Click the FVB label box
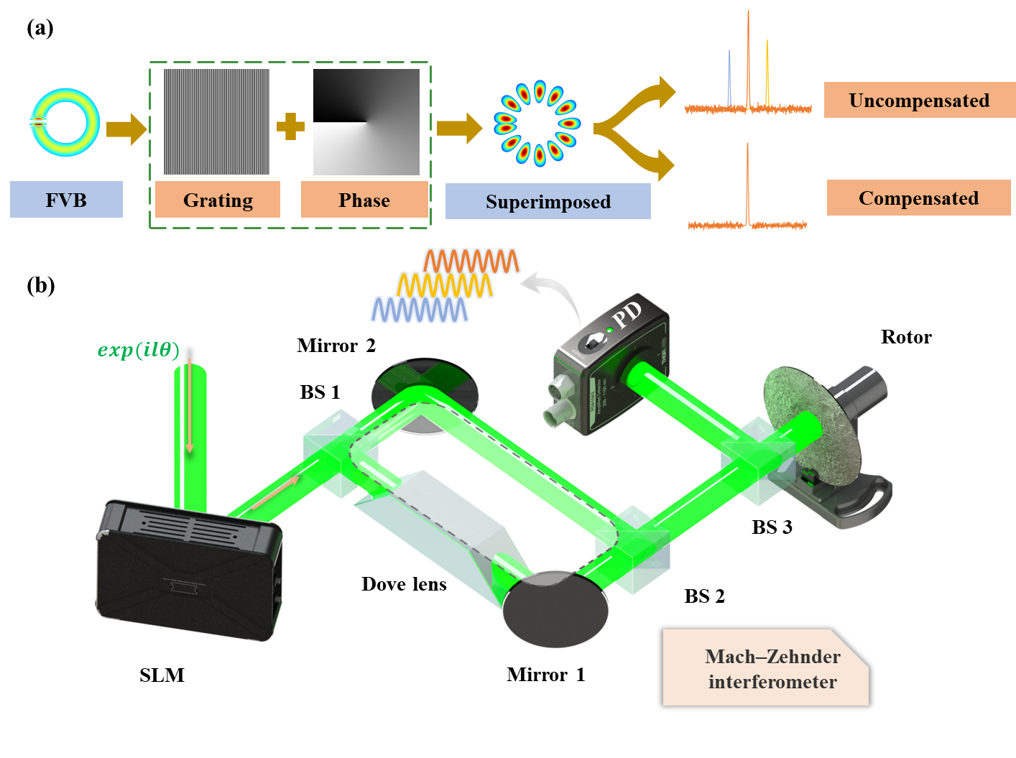66,200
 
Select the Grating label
218,200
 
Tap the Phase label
364,200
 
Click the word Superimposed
548,202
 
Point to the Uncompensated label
918,101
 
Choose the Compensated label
918,198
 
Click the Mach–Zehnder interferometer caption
772,669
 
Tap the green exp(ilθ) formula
139,350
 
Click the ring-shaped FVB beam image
64,123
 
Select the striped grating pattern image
216,121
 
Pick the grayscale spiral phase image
366,121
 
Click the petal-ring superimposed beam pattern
537,124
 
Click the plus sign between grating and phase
290,126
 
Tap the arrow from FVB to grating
126,129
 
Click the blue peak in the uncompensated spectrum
729,75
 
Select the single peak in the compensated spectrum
747,180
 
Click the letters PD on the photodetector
627,315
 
